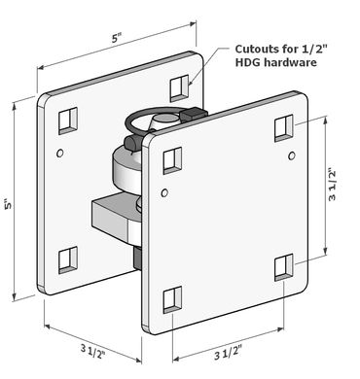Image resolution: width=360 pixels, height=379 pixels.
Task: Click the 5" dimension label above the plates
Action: [117, 38]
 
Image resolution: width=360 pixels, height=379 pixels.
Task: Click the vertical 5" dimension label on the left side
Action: [9, 203]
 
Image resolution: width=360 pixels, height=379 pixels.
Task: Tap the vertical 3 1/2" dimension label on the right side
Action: [332, 185]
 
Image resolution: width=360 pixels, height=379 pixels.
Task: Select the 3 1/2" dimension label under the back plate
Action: [93, 352]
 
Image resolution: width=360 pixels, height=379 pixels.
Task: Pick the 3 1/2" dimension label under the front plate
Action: [229, 352]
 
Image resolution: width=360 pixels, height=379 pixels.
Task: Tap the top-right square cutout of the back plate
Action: [179, 88]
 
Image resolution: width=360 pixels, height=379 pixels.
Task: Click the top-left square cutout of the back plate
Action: [68, 121]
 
